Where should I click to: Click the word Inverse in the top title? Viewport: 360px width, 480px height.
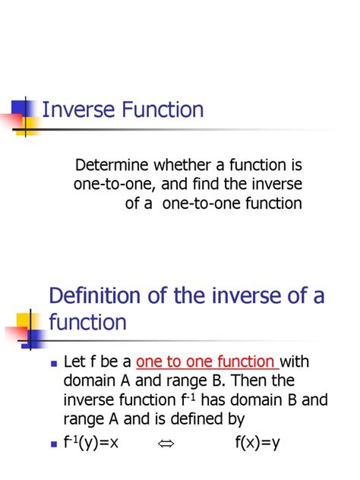[x=73, y=110]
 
